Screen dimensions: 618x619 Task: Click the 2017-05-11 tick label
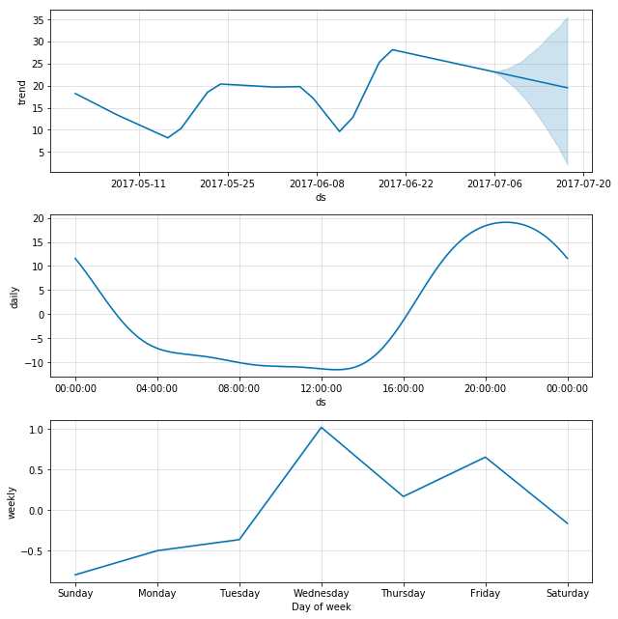click(x=138, y=184)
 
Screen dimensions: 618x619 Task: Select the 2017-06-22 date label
click(x=406, y=184)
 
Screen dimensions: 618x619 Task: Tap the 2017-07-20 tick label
click(x=583, y=184)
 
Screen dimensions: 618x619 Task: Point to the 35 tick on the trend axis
click(x=39, y=20)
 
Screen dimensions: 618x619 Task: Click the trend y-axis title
click(x=21, y=93)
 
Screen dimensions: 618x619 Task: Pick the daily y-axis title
click(x=14, y=297)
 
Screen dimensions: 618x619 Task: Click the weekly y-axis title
click(x=12, y=503)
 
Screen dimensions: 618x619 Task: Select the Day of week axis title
click(x=322, y=606)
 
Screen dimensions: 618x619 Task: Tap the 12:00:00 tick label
click(x=322, y=389)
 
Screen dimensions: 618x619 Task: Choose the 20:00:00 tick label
click(x=486, y=389)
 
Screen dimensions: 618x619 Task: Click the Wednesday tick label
click(x=322, y=593)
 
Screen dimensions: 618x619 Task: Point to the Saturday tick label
click(x=568, y=593)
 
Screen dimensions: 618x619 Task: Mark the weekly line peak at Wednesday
click(x=322, y=428)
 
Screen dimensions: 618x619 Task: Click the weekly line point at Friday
click(x=486, y=457)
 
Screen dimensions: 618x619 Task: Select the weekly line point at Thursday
click(x=404, y=496)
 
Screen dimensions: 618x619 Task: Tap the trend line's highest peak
click(x=392, y=50)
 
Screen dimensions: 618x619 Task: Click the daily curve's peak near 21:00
click(x=506, y=222)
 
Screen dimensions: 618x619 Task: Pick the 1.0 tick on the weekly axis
click(x=37, y=430)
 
